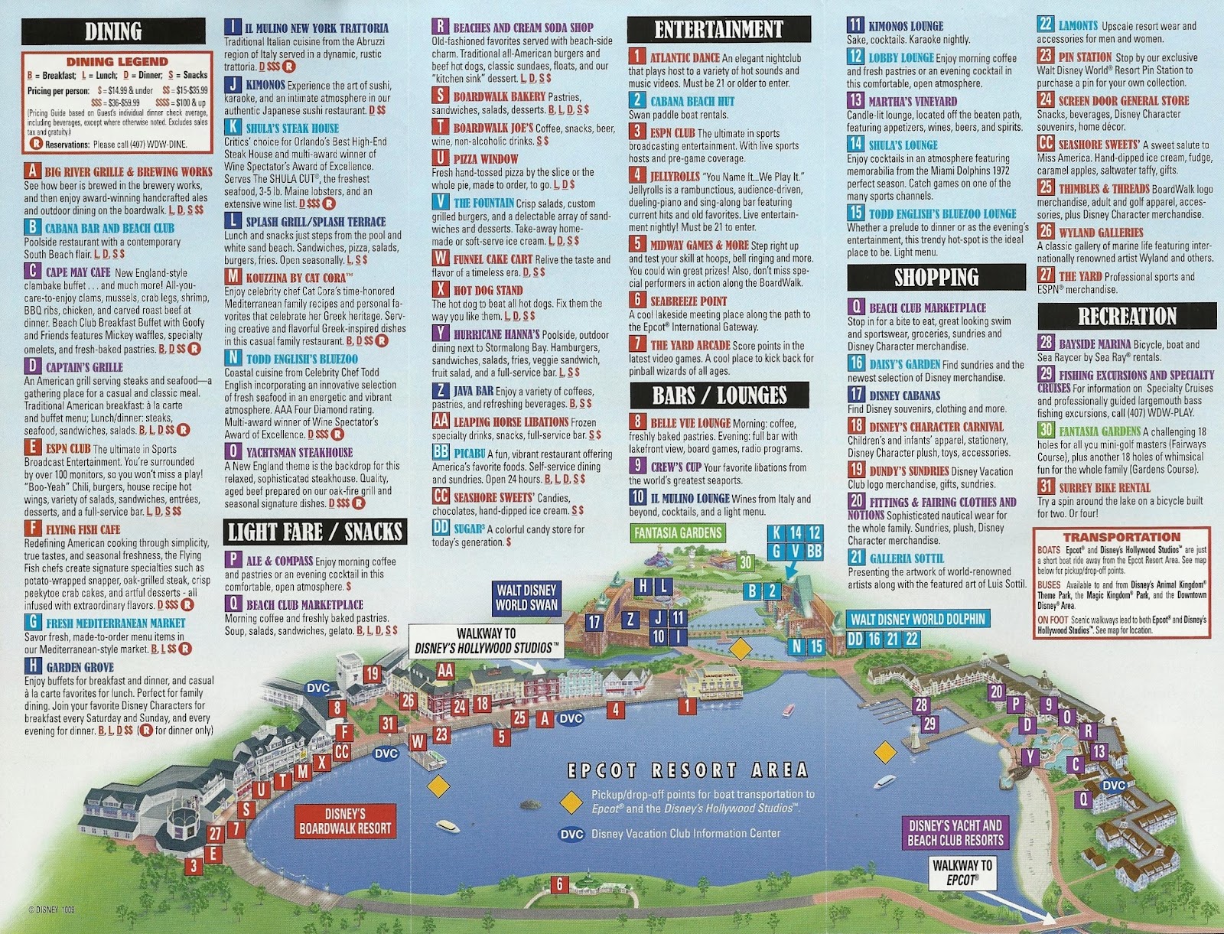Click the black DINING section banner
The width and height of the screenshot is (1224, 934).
(x=113, y=31)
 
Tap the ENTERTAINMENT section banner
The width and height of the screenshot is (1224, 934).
(x=718, y=30)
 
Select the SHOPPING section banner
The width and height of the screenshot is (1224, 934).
(x=936, y=277)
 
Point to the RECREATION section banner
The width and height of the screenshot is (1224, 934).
(x=1126, y=316)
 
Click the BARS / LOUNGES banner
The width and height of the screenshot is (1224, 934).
(x=719, y=395)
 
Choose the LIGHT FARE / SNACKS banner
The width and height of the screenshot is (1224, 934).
(x=315, y=532)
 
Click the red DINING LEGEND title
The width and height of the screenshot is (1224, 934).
(x=117, y=61)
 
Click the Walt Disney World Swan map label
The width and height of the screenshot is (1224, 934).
(x=527, y=597)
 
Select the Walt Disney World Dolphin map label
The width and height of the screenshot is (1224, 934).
(x=917, y=619)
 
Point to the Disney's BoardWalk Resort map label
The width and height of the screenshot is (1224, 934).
(x=345, y=821)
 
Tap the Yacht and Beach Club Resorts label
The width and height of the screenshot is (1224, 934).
(x=955, y=832)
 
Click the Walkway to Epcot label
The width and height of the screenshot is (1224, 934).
(x=962, y=872)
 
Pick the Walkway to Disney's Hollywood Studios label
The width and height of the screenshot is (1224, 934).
(x=487, y=641)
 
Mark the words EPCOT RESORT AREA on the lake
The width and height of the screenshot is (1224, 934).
(x=688, y=770)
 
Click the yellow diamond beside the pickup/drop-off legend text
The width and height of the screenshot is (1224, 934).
(x=571, y=802)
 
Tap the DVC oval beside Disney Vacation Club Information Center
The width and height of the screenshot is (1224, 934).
(x=571, y=834)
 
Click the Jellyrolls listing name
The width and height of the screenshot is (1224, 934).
(x=674, y=177)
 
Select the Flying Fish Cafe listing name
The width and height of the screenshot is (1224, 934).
(x=83, y=529)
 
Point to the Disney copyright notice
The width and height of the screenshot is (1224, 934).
(x=51, y=910)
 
